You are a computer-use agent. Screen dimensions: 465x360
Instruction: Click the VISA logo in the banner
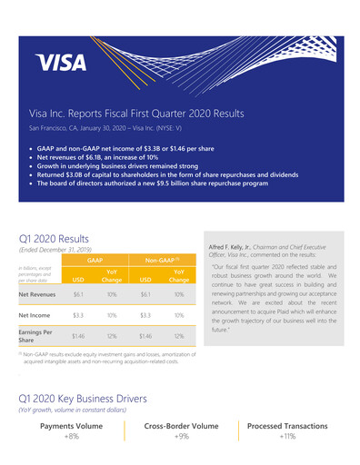click(x=61, y=62)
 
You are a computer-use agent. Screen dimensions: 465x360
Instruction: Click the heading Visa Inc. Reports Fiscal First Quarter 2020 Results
click(x=136, y=115)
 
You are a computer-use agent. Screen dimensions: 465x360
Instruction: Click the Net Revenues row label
click(x=38, y=294)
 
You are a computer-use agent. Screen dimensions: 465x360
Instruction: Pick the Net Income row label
click(x=35, y=315)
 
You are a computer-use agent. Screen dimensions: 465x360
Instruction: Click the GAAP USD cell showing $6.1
click(x=78, y=294)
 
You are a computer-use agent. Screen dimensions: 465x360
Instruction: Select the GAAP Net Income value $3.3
click(x=78, y=315)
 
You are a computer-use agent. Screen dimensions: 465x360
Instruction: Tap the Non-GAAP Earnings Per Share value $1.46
click(x=145, y=336)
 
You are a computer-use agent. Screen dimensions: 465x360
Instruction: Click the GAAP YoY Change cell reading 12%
click(x=112, y=336)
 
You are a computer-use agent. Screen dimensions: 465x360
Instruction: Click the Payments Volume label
click(x=72, y=425)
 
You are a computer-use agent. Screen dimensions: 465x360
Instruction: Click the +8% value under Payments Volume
click(x=72, y=436)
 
